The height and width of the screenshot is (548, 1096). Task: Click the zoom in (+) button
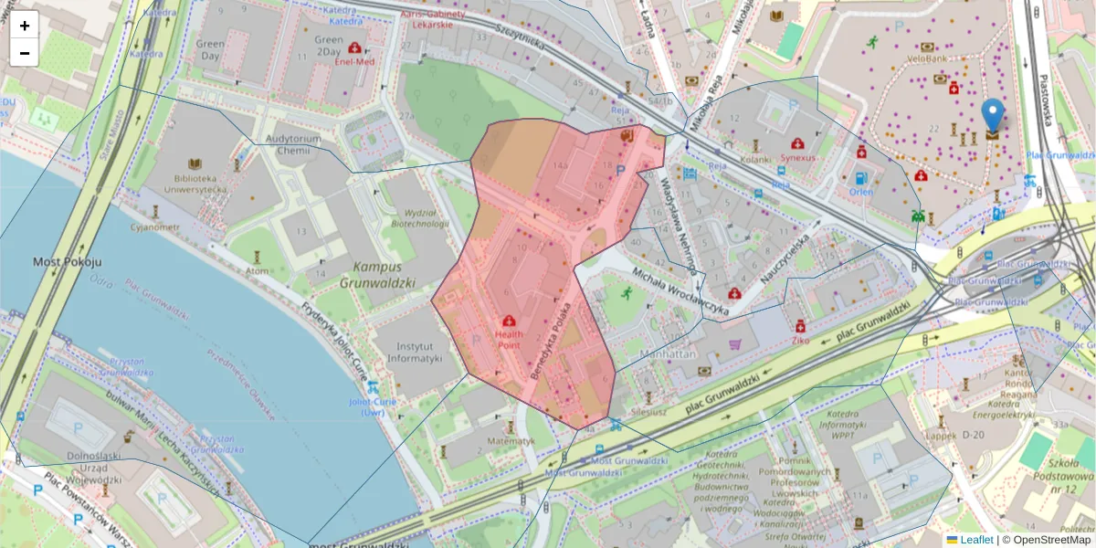[x=25, y=26]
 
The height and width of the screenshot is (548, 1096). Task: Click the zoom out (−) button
[x=25, y=53]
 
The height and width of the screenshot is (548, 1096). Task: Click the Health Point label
[x=509, y=340]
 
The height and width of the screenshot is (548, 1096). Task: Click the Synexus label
[x=798, y=157]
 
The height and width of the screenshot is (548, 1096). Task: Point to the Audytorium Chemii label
[x=292, y=144]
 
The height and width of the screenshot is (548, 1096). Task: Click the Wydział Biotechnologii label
[x=419, y=217]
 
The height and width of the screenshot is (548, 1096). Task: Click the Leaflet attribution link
[x=975, y=540]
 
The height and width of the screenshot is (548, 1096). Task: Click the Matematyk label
[x=511, y=440]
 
